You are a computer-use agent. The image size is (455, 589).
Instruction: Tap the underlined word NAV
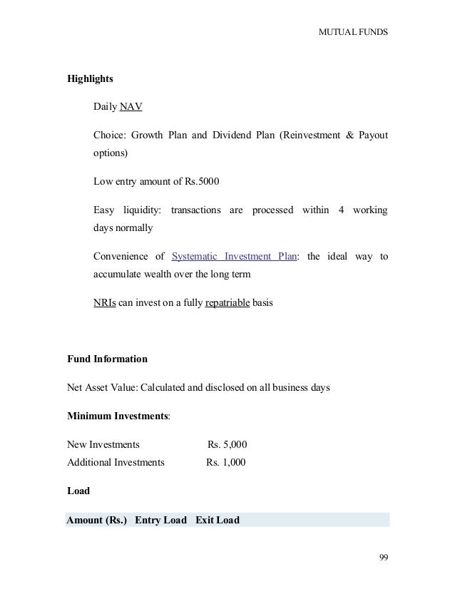pos(131,108)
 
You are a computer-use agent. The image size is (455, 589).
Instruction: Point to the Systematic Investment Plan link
pos(235,256)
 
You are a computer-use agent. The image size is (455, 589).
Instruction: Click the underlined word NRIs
pos(106,302)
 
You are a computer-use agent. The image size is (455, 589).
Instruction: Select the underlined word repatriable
pos(227,302)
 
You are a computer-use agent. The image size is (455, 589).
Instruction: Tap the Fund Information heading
pos(107,358)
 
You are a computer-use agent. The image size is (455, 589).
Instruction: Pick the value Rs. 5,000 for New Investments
pos(227,444)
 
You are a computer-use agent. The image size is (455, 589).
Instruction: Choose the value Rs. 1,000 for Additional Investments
pos(226,462)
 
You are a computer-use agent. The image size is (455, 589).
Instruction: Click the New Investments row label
pos(103,444)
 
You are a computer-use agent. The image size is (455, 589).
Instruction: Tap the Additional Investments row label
pos(116,462)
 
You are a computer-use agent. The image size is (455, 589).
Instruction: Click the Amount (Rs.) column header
pos(96,520)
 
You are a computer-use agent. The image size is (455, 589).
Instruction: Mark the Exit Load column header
pos(218,520)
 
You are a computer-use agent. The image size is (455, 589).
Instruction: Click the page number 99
pos(383,558)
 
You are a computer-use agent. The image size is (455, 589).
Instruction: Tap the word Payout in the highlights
pos(367,135)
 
